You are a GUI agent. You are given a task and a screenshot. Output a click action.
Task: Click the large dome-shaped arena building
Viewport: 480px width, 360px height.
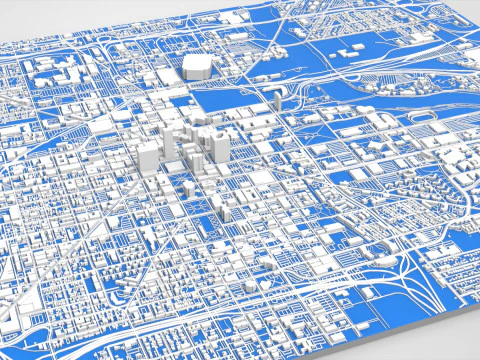196,67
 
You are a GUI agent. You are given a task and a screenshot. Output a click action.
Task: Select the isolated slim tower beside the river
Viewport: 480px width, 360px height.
275,102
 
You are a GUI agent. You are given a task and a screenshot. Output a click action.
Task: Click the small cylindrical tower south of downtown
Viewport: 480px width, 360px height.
188,189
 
